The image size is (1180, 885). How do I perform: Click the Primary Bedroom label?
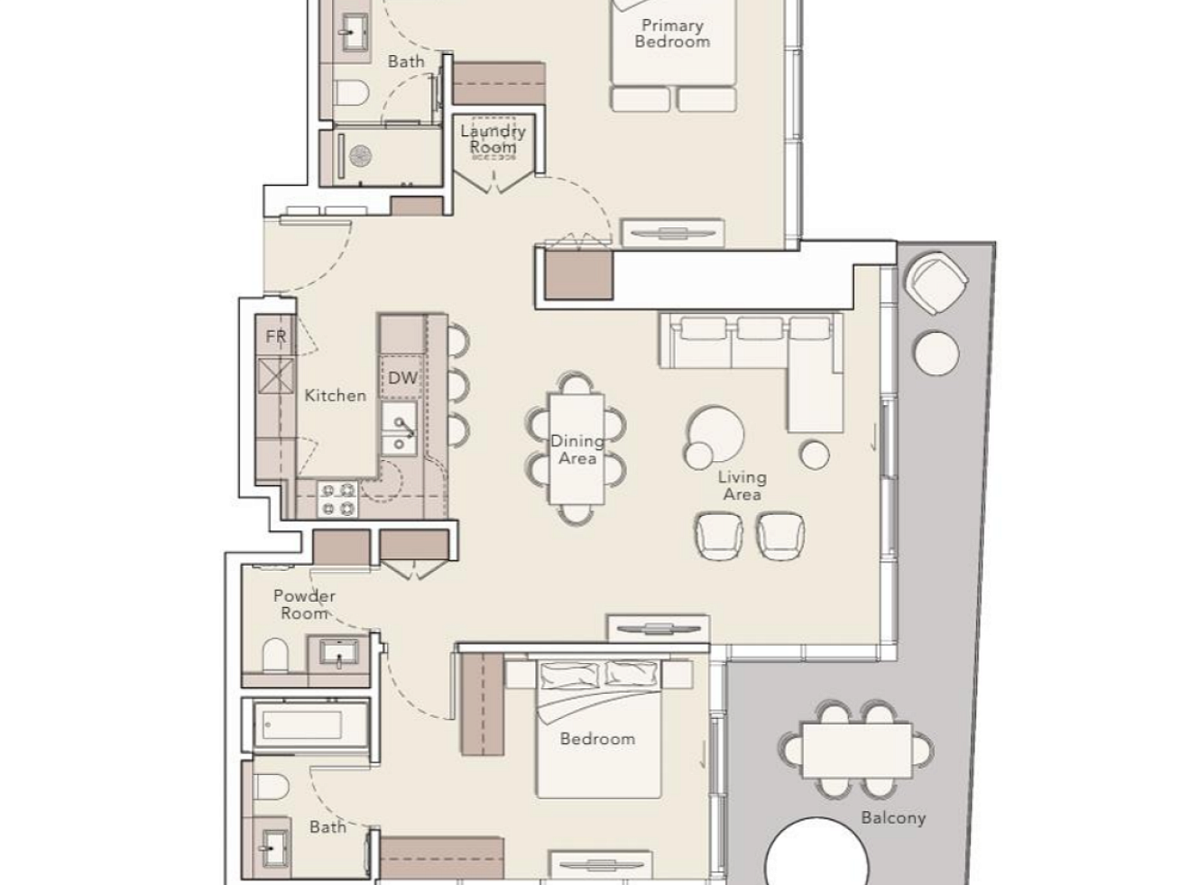(x=672, y=33)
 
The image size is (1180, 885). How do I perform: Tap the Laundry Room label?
(x=493, y=139)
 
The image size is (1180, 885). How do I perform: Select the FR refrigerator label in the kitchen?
(x=276, y=336)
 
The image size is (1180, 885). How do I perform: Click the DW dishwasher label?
(x=402, y=378)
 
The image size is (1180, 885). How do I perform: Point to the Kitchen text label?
(x=336, y=395)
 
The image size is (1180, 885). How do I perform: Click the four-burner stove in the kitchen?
(x=337, y=499)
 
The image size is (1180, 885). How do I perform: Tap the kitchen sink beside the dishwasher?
(x=400, y=429)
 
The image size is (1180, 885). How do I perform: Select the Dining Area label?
(x=577, y=450)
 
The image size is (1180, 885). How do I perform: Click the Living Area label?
(x=742, y=485)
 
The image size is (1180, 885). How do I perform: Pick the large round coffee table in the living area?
(x=716, y=433)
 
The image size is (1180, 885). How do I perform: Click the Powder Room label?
(x=304, y=604)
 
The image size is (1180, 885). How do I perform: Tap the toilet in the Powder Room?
(x=275, y=654)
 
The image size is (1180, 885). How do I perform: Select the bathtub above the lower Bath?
(x=306, y=725)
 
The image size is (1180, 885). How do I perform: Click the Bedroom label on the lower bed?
(x=597, y=739)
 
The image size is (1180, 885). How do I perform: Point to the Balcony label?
(x=893, y=818)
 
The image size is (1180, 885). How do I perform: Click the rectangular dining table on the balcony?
(x=856, y=750)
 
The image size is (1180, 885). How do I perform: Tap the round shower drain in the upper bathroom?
(x=360, y=156)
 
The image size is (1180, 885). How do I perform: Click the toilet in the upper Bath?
(x=352, y=92)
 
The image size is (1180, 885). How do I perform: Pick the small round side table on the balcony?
(x=936, y=353)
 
